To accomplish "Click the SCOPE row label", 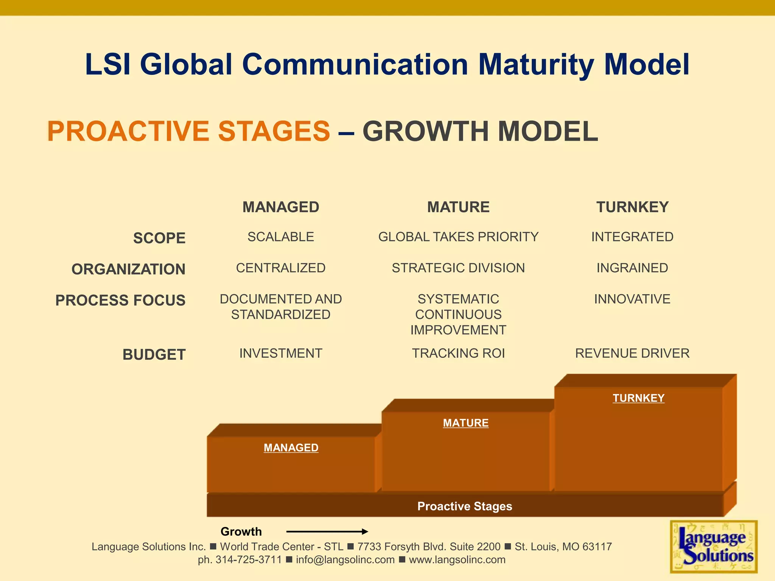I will [x=159, y=238].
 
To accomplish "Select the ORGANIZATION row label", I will [x=128, y=269].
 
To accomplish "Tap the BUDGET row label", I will [x=154, y=355].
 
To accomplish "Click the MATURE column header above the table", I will [x=458, y=207].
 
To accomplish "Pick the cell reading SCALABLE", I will [x=281, y=237].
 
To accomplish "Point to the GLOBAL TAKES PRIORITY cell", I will [x=458, y=237].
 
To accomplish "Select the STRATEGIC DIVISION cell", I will [x=458, y=268].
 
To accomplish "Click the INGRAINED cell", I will [x=632, y=268].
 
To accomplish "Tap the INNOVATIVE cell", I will [x=632, y=299].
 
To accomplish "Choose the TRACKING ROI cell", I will [x=458, y=353].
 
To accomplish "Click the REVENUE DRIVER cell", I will [x=632, y=353].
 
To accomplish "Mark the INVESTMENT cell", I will [x=281, y=353].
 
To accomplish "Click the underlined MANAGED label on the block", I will [x=291, y=448].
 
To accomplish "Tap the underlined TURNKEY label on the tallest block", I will [x=638, y=398].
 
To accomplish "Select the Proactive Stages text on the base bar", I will [x=465, y=506].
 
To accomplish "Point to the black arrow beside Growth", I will [x=327, y=531].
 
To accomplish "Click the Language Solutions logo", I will [x=714, y=547].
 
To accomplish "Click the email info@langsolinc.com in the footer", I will [x=345, y=560].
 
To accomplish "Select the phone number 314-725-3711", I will [x=249, y=560].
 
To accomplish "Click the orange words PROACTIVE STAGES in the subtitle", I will [x=188, y=131].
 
